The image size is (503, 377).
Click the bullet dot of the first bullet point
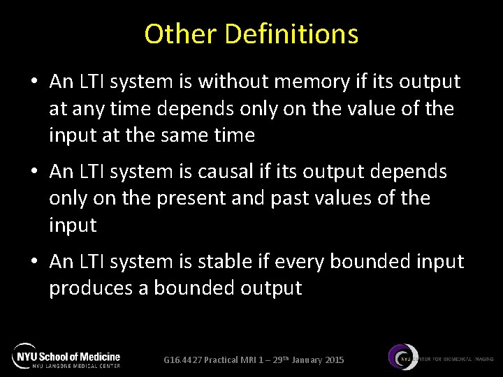pyautogui.click(x=34, y=82)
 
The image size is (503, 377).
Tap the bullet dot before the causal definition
pyautogui.click(x=34, y=172)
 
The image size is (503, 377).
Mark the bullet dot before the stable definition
pyautogui.click(x=34, y=262)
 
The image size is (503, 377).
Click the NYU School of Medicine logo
pyautogui.click(x=66, y=356)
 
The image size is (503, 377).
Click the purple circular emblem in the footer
pyautogui.click(x=404, y=358)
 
